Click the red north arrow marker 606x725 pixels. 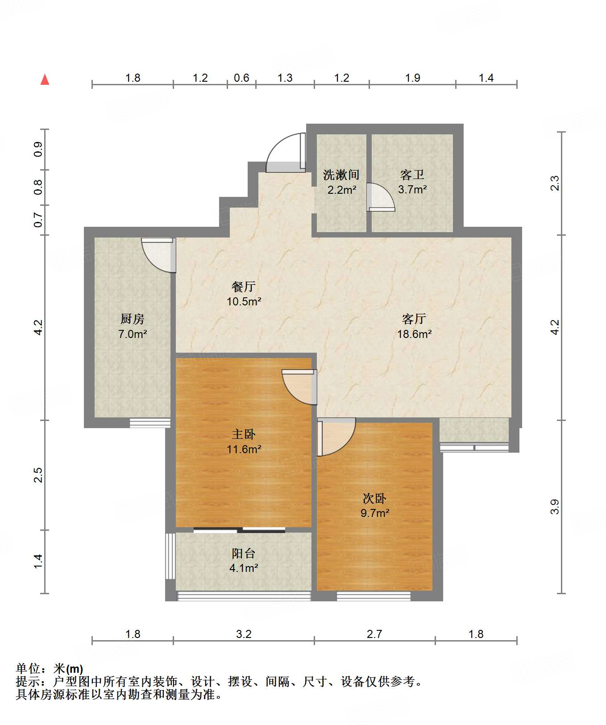pyautogui.click(x=45, y=79)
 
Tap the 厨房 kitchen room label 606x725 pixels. pyautogui.click(x=133, y=319)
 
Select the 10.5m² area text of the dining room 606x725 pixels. pyautogui.click(x=244, y=301)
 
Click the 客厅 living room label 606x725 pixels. pyautogui.click(x=414, y=319)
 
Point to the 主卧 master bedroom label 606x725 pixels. pyautogui.click(x=244, y=434)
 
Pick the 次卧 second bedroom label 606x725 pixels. pyautogui.click(x=374, y=498)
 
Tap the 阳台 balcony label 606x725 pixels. pyautogui.click(x=244, y=554)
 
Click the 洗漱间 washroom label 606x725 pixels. pyautogui.click(x=341, y=175)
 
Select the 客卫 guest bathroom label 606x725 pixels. pyautogui.click(x=412, y=175)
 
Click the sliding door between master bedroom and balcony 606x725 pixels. pyautogui.click(x=239, y=530)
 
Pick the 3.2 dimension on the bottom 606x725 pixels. pyautogui.click(x=244, y=634)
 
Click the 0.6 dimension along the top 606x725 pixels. pyautogui.click(x=241, y=78)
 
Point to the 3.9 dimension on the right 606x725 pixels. pyautogui.click(x=554, y=507)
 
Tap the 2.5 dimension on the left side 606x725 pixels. pyautogui.click(x=38, y=475)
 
